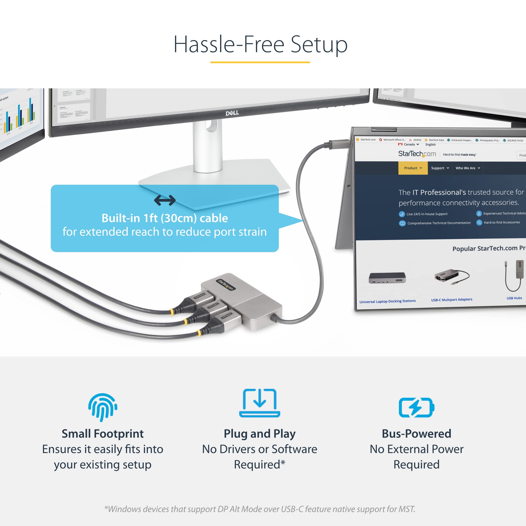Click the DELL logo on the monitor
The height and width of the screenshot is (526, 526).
tap(232, 113)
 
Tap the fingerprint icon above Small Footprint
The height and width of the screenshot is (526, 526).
tap(103, 407)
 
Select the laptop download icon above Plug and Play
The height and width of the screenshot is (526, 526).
tap(260, 403)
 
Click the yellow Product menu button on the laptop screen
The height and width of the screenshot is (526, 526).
tap(413, 168)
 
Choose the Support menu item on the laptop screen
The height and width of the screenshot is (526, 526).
tap(440, 168)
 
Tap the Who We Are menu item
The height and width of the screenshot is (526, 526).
tap(467, 168)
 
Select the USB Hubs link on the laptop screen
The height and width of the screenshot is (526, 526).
tap(514, 298)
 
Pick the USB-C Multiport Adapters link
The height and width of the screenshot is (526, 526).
tap(451, 300)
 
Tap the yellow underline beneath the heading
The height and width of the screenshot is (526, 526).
tap(260, 62)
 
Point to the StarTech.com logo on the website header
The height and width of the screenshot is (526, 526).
tap(417, 154)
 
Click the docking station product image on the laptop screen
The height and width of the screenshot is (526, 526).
tap(387, 278)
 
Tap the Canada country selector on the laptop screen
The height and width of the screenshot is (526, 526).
tap(409, 144)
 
